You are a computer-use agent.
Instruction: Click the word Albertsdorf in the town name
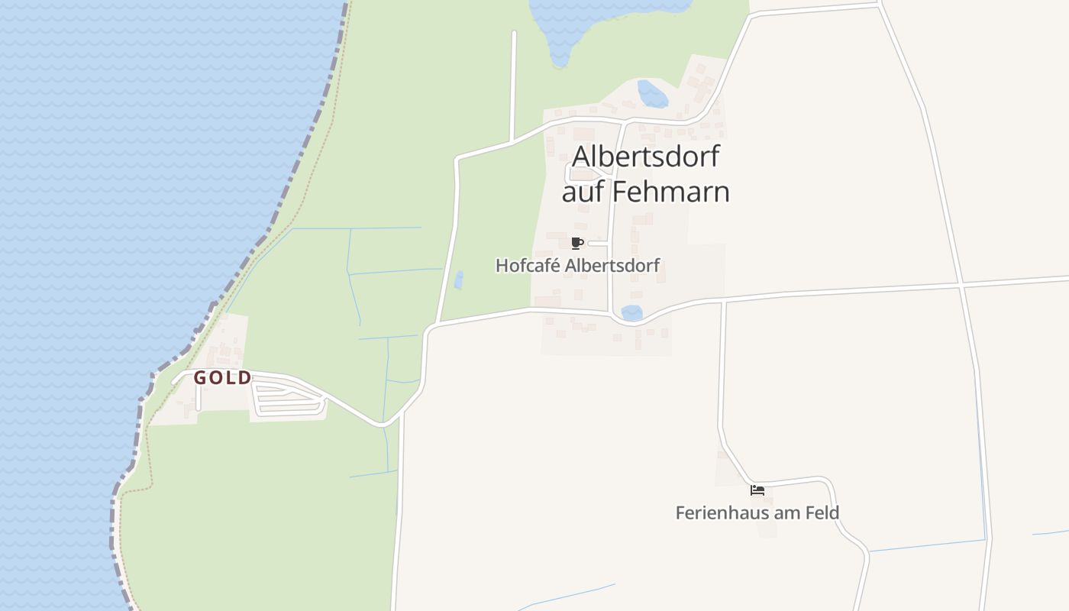pyautogui.click(x=645, y=157)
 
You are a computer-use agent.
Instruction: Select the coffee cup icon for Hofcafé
pyautogui.click(x=577, y=244)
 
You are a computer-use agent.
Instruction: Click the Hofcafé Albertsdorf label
pyautogui.click(x=577, y=266)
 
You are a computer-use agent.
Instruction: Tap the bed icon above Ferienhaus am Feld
pyautogui.click(x=757, y=490)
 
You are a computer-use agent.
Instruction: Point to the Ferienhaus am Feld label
pyautogui.click(x=757, y=512)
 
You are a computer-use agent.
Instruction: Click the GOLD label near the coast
pyautogui.click(x=222, y=378)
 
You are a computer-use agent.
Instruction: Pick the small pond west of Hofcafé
pyautogui.click(x=459, y=280)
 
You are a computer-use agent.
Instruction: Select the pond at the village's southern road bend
pyautogui.click(x=631, y=312)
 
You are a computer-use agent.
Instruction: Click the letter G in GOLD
pyautogui.click(x=200, y=378)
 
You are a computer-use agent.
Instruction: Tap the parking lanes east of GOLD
pyautogui.click(x=289, y=399)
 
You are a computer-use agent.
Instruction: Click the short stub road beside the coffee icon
pyautogui.click(x=598, y=244)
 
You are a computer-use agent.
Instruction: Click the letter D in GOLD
pyautogui.click(x=246, y=378)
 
